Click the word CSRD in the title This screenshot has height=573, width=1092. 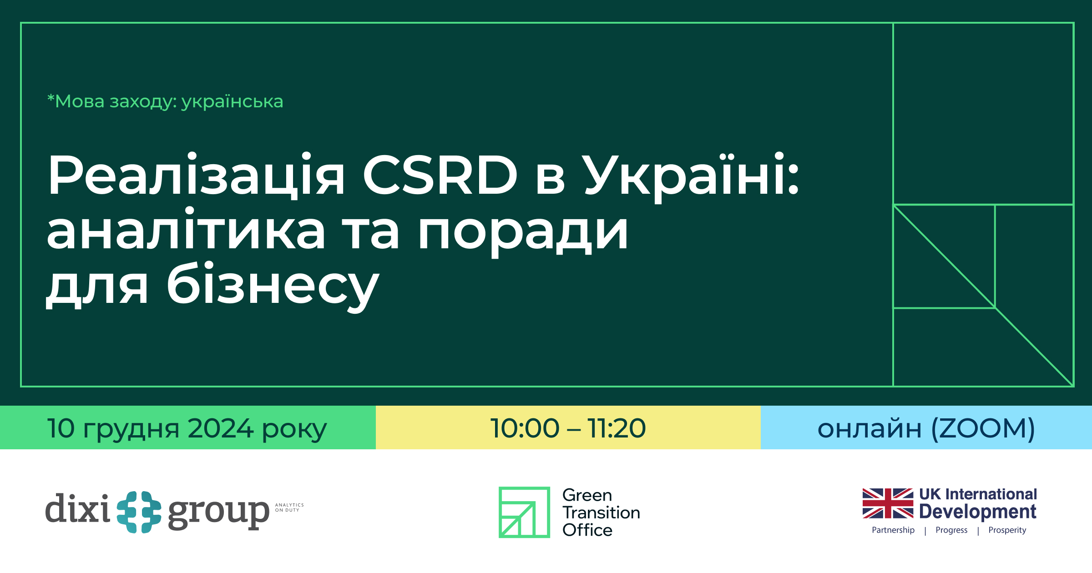(x=440, y=175)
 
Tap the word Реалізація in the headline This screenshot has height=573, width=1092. (x=196, y=175)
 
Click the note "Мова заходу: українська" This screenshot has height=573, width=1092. (x=165, y=101)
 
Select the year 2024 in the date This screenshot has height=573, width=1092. (x=220, y=428)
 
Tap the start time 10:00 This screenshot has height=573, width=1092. (x=525, y=428)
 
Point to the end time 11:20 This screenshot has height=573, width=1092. (x=616, y=428)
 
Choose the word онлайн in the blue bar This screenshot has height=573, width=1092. (x=869, y=429)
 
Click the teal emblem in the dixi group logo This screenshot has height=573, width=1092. (x=139, y=512)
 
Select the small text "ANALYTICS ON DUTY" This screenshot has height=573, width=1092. (x=289, y=508)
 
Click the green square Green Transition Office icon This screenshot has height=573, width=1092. (x=524, y=512)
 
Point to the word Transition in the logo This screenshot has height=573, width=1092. (x=601, y=513)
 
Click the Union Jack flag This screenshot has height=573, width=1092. (x=888, y=503)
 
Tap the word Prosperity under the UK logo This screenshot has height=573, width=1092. (x=1007, y=530)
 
